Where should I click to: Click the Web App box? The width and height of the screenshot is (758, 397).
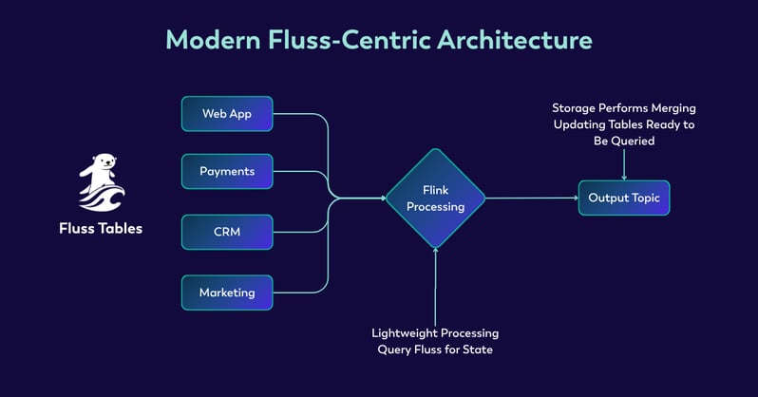point(226,114)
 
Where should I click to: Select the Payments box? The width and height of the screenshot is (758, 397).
point(226,172)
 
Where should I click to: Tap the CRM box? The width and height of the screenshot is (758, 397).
point(226,232)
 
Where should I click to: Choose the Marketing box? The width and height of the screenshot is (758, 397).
point(226,293)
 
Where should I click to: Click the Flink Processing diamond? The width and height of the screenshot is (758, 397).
point(435,198)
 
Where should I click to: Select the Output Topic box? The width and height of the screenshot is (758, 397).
point(624,198)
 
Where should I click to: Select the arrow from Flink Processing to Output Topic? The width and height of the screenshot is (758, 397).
point(532,198)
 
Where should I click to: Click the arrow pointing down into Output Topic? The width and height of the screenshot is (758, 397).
point(624,165)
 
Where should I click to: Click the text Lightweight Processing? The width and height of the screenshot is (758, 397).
point(435,333)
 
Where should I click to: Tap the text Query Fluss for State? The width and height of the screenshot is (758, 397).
point(435,350)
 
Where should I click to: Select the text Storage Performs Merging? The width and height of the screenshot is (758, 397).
point(624,108)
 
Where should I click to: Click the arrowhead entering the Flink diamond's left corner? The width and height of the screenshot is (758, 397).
point(382,198)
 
